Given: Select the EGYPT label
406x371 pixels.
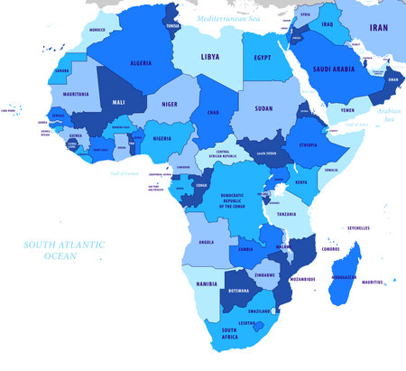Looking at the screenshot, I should (262, 58).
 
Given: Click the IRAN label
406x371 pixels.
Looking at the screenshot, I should (379, 29).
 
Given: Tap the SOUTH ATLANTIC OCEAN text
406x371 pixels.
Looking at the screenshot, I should (64, 250).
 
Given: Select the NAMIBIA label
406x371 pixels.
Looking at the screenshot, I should (207, 283).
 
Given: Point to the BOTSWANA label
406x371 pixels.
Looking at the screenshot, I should (237, 291).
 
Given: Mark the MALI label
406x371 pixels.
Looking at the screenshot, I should (120, 103).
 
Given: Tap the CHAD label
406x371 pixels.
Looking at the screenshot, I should (213, 113).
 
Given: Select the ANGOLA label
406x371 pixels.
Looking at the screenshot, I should (206, 242).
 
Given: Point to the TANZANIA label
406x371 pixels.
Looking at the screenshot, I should (286, 214).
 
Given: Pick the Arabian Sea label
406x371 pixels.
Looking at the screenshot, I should (391, 115).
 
